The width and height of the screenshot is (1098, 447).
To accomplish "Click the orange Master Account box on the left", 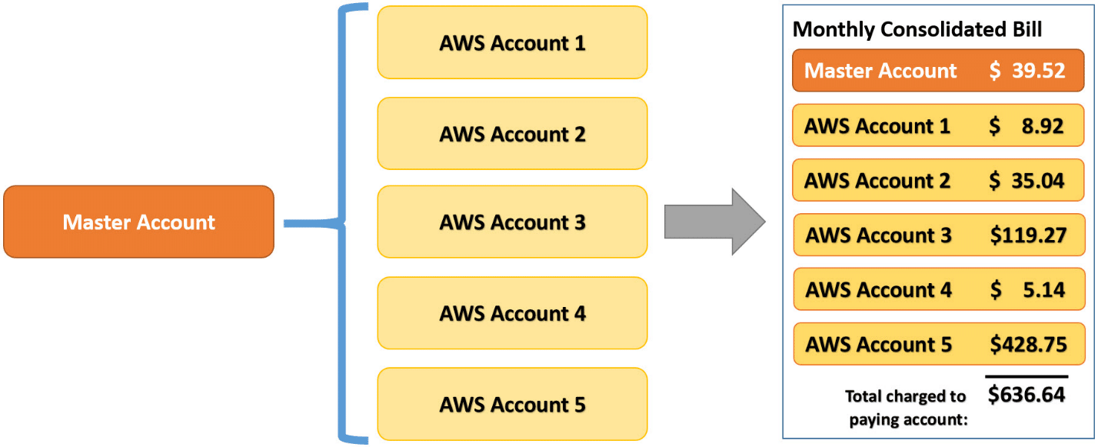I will click(x=138, y=222).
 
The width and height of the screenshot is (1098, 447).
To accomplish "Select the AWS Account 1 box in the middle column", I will click(x=512, y=43).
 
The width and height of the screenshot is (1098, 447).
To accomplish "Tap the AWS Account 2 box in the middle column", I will click(x=512, y=134).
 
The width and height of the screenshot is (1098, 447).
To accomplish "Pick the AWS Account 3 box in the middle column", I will click(x=512, y=222).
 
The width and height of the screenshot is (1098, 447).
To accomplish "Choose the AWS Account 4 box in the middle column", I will click(x=512, y=314).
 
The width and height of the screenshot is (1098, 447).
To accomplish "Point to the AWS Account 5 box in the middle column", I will click(x=512, y=404).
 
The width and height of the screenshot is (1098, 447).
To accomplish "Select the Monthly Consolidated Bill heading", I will click(x=917, y=29).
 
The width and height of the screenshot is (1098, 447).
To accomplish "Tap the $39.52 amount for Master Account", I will click(x=1027, y=71).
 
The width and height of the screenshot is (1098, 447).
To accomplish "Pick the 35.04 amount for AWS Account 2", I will click(x=1035, y=181).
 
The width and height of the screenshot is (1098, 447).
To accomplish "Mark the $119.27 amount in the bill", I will click(x=1028, y=235).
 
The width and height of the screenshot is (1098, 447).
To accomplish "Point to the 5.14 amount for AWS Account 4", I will click(x=1043, y=290).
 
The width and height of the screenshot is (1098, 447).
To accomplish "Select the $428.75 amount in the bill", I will click(x=1028, y=345).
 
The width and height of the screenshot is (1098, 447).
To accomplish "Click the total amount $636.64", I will click(x=1026, y=395).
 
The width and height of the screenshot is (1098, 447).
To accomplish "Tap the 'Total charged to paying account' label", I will click(x=906, y=408).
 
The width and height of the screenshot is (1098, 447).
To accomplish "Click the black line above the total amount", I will click(x=1026, y=377).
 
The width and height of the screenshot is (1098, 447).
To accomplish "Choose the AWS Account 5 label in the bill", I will click(x=878, y=345).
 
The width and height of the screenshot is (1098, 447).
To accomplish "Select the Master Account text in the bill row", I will click(x=880, y=71).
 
